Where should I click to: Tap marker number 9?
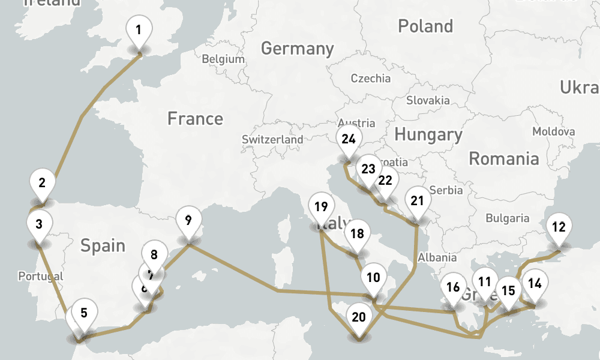[x=188, y=221]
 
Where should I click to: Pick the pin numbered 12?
[x=559, y=227]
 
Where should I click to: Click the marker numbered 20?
[x=359, y=317]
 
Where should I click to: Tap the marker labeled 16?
[x=453, y=287]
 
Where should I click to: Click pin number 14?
[x=535, y=283]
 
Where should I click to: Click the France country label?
[x=195, y=119]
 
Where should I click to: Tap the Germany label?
[x=297, y=49]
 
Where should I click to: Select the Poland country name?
[x=425, y=26]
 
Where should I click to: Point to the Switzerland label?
[x=272, y=139]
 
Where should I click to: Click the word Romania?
[x=503, y=159]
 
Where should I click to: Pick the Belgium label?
[x=223, y=59]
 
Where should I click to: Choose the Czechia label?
[x=370, y=79]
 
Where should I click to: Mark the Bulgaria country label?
[x=507, y=218]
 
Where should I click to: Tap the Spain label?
[x=103, y=245]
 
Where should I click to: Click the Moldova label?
[x=553, y=131]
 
